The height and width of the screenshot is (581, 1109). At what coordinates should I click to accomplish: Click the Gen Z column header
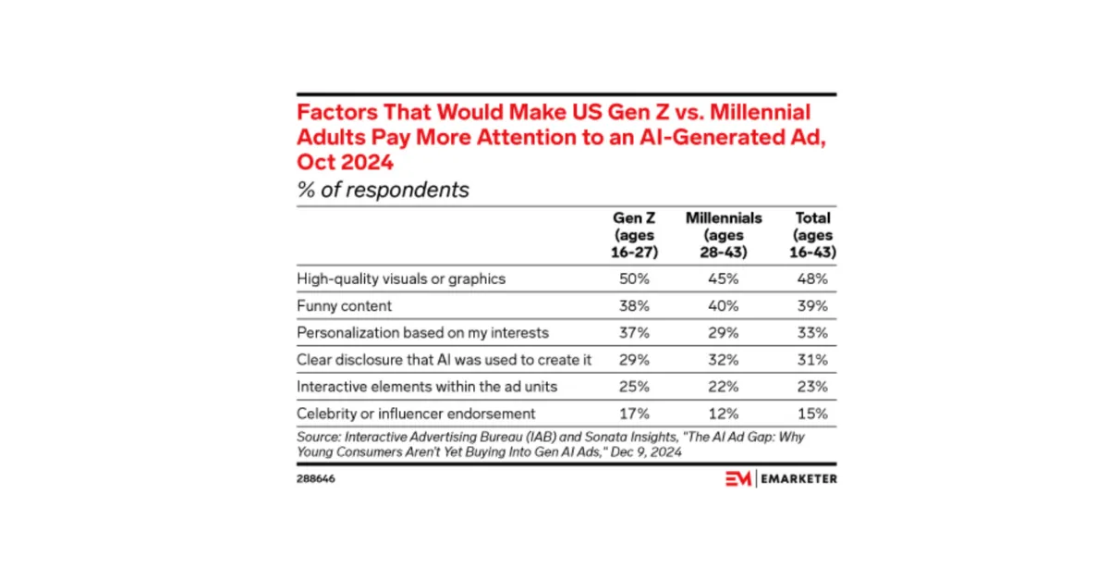(x=634, y=235)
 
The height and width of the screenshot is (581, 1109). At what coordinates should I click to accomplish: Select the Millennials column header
(x=724, y=235)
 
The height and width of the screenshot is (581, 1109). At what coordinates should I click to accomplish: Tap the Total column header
(x=812, y=235)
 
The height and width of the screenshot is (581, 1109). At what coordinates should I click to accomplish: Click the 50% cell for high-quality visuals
(x=634, y=278)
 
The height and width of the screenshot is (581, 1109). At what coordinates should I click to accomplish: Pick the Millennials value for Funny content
(x=724, y=306)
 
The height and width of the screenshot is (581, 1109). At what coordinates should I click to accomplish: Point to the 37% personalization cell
(x=634, y=333)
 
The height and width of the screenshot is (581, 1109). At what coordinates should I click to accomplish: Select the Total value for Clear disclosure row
(x=812, y=360)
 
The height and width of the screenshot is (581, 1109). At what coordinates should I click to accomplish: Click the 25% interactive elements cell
(x=634, y=387)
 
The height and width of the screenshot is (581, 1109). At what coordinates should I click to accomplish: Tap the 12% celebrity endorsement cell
(x=724, y=414)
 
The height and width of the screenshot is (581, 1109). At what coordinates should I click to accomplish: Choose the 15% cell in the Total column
(x=812, y=414)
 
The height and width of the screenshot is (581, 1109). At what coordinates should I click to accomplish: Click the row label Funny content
(x=344, y=306)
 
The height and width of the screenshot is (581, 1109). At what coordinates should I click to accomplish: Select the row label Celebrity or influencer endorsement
(x=416, y=414)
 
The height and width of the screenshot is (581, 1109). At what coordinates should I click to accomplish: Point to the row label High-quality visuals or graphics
(x=401, y=279)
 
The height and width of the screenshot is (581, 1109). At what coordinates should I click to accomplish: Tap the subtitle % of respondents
(x=383, y=190)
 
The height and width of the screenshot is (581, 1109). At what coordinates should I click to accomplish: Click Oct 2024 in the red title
(x=345, y=162)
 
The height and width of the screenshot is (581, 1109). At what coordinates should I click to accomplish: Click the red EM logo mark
(x=738, y=479)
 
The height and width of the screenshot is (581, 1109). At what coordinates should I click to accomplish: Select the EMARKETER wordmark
(x=798, y=479)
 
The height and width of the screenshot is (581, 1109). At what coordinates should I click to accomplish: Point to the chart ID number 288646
(x=316, y=479)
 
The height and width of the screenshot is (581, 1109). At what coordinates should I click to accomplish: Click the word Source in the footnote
(x=319, y=438)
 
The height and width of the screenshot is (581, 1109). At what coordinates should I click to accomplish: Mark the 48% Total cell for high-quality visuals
(x=812, y=278)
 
